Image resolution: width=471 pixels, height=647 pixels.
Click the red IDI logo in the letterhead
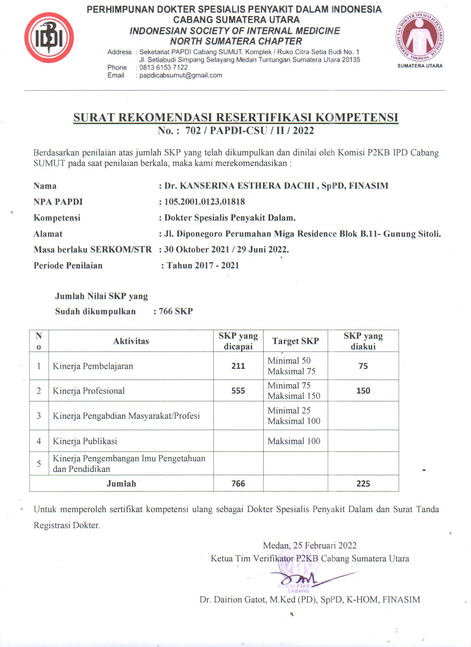click(49, 38)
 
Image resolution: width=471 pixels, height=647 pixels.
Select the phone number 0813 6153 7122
click(163, 68)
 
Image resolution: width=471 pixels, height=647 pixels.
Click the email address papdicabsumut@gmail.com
click(181, 75)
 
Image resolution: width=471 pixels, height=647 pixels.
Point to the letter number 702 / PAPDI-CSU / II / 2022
click(249, 131)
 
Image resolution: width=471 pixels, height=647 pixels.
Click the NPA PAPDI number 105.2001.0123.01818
click(204, 202)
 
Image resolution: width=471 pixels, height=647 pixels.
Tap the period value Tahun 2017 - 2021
click(202, 266)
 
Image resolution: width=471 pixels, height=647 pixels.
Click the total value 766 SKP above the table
click(175, 311)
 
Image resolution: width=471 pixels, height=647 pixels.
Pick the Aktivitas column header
click(131, 341)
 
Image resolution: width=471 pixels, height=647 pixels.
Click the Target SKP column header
click(295, 341)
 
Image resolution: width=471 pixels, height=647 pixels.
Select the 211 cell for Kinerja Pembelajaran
click(238, 366)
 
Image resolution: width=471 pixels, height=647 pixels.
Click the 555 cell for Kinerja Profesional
click(238, 391)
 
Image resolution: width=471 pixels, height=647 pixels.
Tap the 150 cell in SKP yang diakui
click(363, 391)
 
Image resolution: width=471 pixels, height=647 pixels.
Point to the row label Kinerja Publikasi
click(85, 441)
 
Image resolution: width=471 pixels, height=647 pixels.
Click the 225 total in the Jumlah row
click(363, 484)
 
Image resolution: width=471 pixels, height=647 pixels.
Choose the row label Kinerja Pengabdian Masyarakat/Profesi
click(126, 416)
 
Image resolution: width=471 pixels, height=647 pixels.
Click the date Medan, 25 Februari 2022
click(310, 546)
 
